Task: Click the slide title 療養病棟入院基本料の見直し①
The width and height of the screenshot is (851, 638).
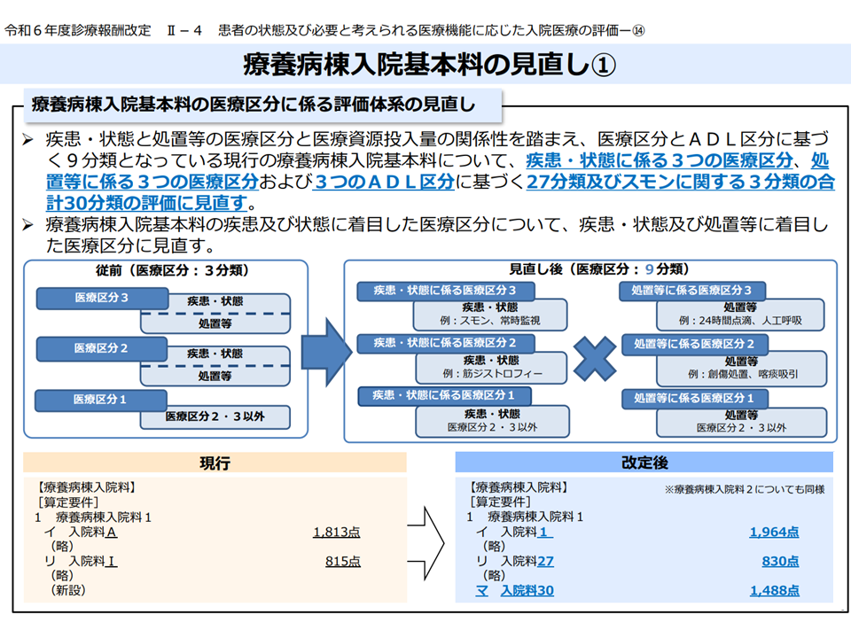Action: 429,65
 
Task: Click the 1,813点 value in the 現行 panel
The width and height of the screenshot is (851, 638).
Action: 337,533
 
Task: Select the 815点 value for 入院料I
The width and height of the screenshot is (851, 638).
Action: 343,562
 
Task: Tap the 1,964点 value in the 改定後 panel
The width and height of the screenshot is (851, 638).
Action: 774,533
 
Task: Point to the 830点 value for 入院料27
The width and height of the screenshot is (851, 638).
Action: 780,562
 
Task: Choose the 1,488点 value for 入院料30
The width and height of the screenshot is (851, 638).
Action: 775,591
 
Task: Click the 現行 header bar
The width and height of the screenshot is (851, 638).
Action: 215,463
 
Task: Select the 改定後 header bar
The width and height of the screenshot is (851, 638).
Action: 644,463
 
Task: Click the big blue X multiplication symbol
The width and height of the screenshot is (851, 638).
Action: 595,359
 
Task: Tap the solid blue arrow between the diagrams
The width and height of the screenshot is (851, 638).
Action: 326,352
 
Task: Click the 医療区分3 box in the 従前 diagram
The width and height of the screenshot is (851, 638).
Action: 102,298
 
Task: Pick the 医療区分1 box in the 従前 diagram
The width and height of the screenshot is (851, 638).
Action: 100,400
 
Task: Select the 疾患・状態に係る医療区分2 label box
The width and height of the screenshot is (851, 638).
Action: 445,343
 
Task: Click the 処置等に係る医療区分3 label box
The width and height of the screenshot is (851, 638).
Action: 692,291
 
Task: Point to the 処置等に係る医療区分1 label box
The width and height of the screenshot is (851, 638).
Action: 694,398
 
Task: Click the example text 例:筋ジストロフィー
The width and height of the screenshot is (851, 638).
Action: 492,373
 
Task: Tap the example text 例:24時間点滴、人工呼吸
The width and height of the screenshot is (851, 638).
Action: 740,321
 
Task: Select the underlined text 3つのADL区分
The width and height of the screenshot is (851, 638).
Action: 384,182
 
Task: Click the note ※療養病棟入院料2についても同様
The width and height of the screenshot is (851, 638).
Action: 744,489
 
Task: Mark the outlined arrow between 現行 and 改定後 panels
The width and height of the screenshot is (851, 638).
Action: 426,543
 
